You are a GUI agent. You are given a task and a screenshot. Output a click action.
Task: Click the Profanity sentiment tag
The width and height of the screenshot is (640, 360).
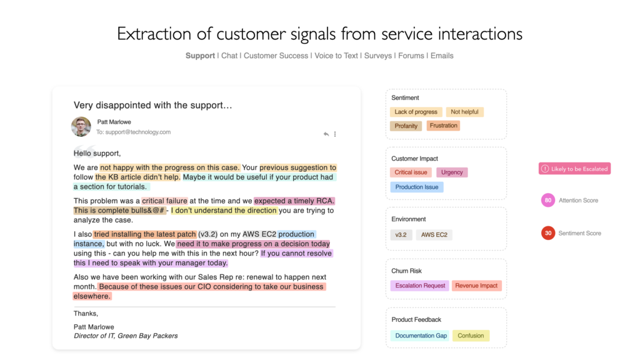(x=406, y=126)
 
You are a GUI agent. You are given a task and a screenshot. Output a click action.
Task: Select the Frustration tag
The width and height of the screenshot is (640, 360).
(x=443, y=126)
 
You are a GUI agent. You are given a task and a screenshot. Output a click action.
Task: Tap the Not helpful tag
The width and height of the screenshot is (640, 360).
(x=464, y=112)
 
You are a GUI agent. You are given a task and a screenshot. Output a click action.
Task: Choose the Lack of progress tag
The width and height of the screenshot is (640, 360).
(x=416, y=112)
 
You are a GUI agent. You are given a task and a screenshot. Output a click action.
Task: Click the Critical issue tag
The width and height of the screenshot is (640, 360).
(x=411, y=172)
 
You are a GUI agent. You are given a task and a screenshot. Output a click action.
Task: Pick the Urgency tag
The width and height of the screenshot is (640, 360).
(x=452, y=172)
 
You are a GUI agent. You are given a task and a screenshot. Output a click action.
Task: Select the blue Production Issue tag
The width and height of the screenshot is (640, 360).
(x=417, y=187)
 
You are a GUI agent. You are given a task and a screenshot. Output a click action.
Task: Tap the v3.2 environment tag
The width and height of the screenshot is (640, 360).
(x=401, y=235)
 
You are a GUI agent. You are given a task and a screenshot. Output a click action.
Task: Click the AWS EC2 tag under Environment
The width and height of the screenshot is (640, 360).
(x=434, y=235)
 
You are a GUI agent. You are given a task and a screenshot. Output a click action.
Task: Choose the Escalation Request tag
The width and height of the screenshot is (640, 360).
(x=420, y=286)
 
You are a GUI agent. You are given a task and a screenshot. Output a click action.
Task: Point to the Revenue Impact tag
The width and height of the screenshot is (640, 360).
(x=476, y=286)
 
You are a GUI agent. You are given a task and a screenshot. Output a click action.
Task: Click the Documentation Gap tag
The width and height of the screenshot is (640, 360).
(x=421, y=336)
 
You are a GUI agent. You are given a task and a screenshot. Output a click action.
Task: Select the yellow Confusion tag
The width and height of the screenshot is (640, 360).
(x=471, y=336)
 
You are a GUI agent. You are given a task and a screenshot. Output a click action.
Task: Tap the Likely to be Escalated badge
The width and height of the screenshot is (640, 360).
(x=575, y=169)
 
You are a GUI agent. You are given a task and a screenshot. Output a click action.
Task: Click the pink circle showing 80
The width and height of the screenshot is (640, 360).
(x=547, y=200)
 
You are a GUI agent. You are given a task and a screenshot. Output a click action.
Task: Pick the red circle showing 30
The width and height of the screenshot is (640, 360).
(x=547, y=233)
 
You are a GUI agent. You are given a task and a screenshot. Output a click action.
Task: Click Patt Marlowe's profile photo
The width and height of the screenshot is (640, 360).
(x=81, y=126)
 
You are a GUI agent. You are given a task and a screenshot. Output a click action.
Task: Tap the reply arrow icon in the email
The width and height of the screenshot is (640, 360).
(x=326, y=134)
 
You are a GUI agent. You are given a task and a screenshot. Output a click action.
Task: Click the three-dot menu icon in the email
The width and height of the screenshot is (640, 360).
(x=335, y=134)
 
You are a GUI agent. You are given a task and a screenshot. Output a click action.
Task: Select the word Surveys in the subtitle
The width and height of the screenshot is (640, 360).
(x=377, y=56)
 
